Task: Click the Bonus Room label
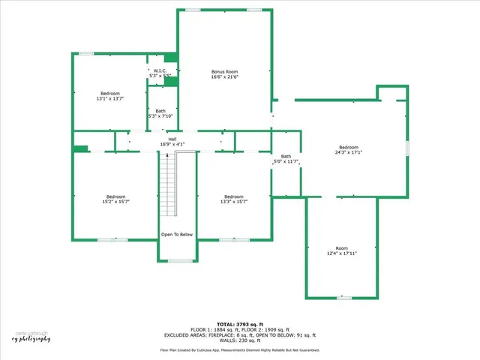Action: pos(224,72)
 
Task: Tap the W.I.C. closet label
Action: pos(160,70)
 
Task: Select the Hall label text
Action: pos(172,139)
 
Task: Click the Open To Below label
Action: pos(177,235)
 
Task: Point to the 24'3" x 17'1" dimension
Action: pos(349,152)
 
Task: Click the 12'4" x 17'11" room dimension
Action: pos(342,253)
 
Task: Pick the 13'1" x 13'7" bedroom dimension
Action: pos(109,98)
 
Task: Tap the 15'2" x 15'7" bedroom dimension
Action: pos(115,202)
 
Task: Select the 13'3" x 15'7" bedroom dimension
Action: pos(234,202)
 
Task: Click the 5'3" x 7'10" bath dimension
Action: pos(161,116)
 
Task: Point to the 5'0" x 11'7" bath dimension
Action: pos(285,161)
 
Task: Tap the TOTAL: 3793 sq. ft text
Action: pos(240,324)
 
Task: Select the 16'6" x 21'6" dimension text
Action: pos(224,77)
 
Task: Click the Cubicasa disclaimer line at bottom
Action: pos(240,350)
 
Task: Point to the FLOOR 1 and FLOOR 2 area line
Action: pos(240,329)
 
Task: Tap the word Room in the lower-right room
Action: pos(342,248)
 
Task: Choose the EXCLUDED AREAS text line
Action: pos(240,334)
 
